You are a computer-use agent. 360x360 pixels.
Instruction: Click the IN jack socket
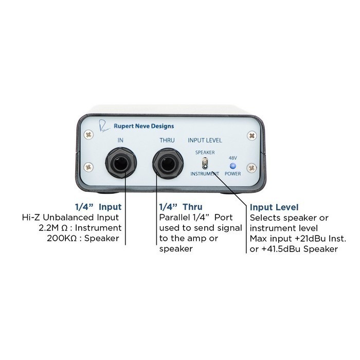(121, 163)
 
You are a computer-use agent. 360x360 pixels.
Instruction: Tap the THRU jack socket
(168, 163)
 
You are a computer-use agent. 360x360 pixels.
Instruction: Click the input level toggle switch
(205, 164)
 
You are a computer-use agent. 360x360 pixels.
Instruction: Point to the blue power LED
(233, 166)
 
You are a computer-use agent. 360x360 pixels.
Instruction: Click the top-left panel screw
(88, 135)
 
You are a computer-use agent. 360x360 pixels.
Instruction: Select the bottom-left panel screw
(88, 167)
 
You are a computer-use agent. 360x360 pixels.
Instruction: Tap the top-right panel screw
(252, 135)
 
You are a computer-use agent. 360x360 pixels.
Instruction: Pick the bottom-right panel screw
(251, 168)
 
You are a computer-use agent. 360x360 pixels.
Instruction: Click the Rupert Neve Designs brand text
(143, 126)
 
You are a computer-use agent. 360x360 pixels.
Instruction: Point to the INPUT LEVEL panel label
(205, 140)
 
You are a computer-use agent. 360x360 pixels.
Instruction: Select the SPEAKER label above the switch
(205, 152)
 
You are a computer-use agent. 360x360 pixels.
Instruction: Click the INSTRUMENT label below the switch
(205, 174)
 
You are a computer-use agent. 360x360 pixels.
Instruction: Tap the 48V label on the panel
(233, 158)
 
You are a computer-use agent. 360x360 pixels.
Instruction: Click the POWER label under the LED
(233, 174)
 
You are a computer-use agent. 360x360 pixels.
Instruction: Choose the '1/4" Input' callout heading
(98, 207)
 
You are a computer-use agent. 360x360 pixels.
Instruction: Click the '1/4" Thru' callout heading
(181, 207)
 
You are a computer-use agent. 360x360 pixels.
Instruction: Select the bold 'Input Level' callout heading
(274, 207)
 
